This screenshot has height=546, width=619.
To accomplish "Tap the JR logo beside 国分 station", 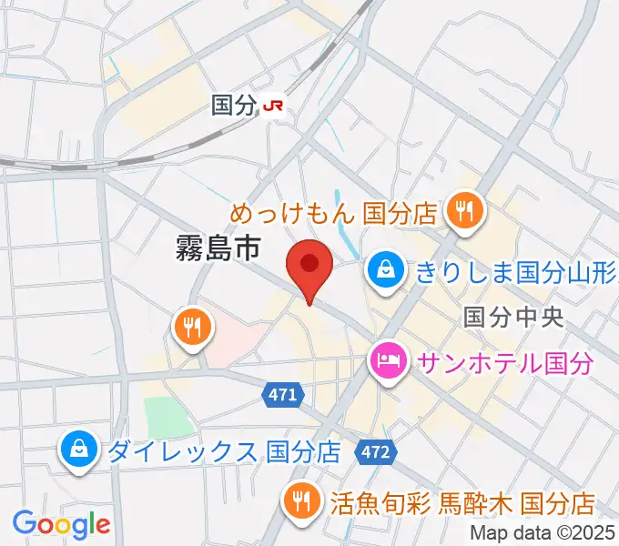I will tap(273, 106).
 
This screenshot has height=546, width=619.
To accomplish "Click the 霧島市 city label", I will tap(218, 247).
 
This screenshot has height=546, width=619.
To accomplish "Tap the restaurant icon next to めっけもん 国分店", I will tap(465, 211).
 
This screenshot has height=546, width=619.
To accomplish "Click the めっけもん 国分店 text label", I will tap(334, 214).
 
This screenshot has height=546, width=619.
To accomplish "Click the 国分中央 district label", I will tap(514, 317).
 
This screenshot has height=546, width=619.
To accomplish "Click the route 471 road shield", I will tap(282, 394).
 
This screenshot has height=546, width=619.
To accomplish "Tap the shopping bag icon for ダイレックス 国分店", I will tap(79, 449).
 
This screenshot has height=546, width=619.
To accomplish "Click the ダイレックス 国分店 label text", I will tap(224, 450).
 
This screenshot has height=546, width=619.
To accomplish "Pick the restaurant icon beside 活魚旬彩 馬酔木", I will tap(299, 500).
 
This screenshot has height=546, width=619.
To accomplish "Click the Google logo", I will tap(61, 524).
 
